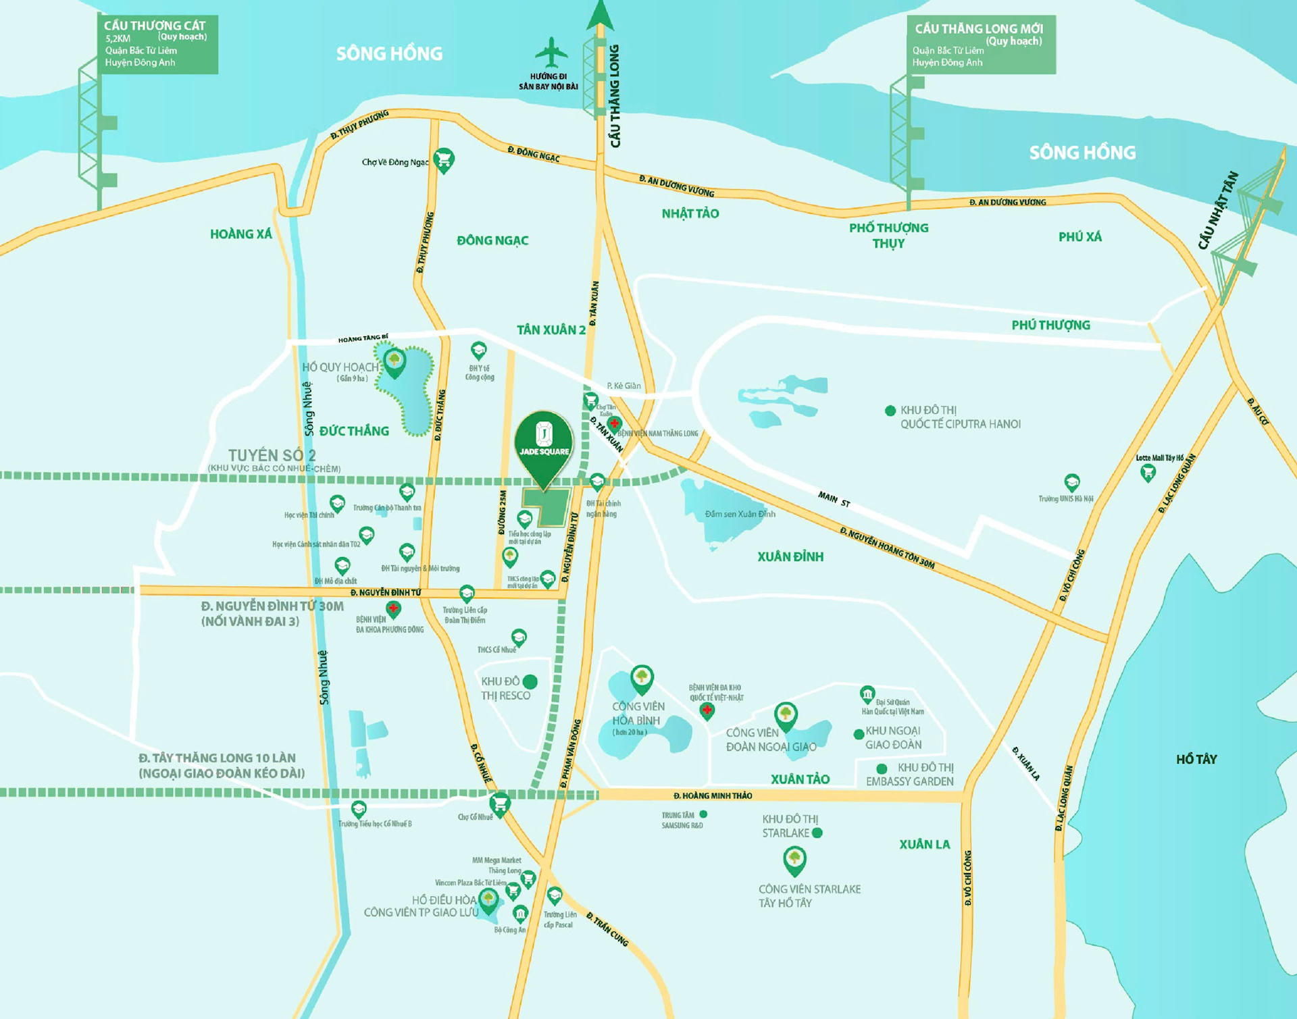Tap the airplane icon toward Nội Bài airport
click(x=551, y=53)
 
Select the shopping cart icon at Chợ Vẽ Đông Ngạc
click(x=443, y=159)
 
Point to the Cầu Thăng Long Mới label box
click(x=980, y=45)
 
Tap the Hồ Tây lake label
click(x=1196, y=759)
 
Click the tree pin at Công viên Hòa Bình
click(x=642, y=677)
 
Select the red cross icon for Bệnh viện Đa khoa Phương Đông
click(x=392, y=608)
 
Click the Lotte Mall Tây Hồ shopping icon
click(x=1148, y=473)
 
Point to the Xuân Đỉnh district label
click(x=790, y=556)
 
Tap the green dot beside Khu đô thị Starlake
click(x=817, y=833)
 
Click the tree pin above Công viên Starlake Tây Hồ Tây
click(x=794, y=858)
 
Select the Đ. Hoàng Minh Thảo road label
click(x=712, y=795)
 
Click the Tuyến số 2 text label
click(x=272, y=455)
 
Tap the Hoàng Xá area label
click(x=240, y=234)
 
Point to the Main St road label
click(x=834, y=499)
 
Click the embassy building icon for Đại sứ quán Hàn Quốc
click(x=867, y=694)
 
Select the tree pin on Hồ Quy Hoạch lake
click(x=395, y=361)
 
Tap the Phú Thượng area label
click(x=1050, y=325)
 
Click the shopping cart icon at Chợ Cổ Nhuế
click(x=500, y=804)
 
